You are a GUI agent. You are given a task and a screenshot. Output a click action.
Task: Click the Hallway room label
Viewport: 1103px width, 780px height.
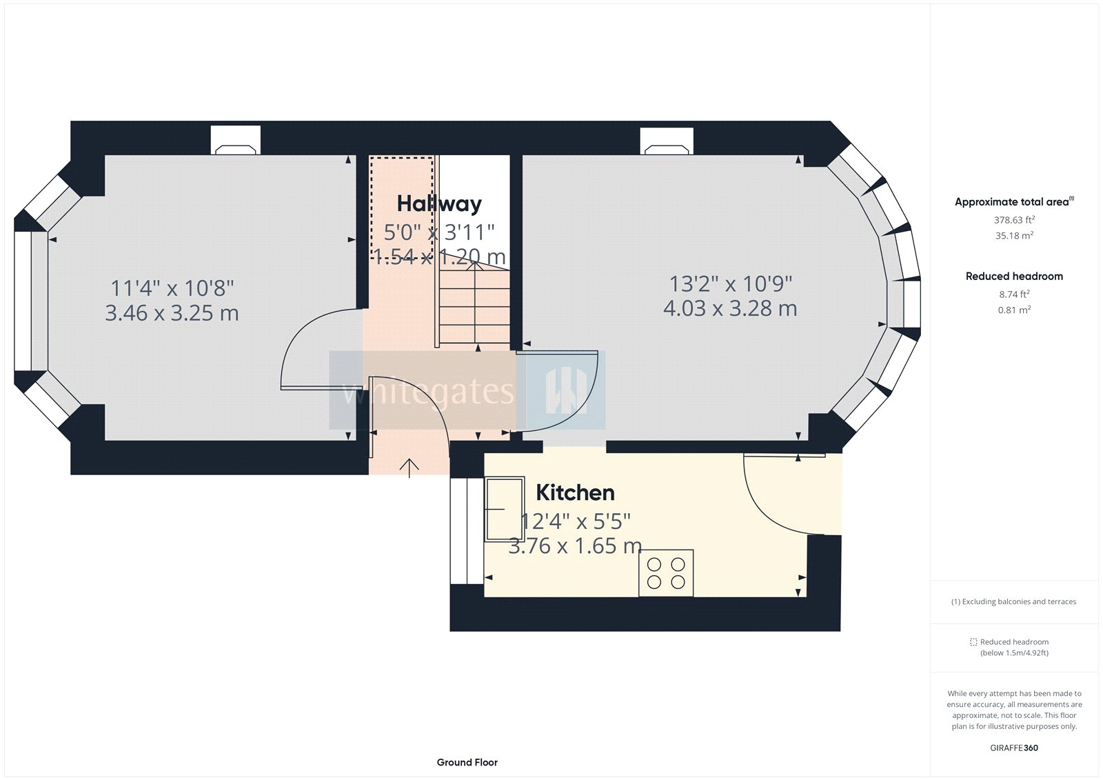click(439, 203)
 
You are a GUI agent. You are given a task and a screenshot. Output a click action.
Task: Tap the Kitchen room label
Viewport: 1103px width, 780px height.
click(575, 492)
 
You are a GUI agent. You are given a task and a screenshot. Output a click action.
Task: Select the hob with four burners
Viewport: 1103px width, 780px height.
click(666, 573)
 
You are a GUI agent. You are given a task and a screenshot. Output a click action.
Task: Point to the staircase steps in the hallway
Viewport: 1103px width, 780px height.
click(474, 307)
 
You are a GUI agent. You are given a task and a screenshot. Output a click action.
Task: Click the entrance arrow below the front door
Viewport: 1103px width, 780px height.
click(409, 468)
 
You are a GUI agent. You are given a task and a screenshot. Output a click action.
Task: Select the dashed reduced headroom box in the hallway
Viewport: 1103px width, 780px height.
click(403, 207)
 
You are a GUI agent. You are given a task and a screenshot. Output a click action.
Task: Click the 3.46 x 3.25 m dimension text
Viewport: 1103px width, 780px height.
click(172, 313)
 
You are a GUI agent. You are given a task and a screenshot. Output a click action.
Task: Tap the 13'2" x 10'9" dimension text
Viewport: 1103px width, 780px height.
click(731, 283)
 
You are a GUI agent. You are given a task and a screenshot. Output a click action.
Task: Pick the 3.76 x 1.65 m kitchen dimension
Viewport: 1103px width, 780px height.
click(575, 546)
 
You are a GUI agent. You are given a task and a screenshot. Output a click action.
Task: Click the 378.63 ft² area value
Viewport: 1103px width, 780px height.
click(1014, 220)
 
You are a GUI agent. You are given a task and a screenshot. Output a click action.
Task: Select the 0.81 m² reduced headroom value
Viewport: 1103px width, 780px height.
click(1014, 310)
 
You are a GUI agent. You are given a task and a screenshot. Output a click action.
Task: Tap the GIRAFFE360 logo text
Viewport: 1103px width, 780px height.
click(1014, 748)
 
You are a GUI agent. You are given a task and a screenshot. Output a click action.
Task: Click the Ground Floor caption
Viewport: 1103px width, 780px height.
click(467, 762)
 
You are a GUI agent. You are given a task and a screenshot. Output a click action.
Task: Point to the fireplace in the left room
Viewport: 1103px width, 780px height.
click(235, 141)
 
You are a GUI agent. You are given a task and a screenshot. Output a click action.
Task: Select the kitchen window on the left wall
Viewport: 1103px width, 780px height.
click(467, 530)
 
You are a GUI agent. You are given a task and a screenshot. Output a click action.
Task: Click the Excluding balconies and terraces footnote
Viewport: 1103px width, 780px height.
click(1014, 601)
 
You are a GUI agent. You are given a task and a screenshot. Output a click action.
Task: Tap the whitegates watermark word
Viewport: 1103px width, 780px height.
click(427, 392)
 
